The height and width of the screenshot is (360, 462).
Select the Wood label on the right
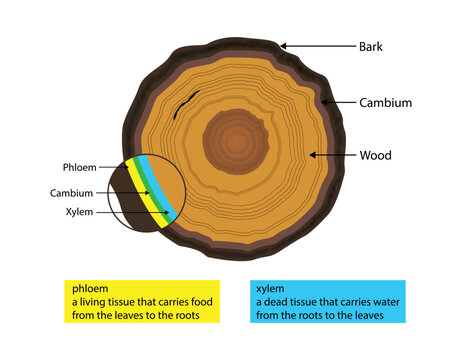376,155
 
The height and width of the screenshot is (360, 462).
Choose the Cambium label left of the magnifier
71,192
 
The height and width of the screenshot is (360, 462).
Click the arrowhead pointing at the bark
283,45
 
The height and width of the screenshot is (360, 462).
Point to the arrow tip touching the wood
313,155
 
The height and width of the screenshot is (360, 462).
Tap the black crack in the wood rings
182,104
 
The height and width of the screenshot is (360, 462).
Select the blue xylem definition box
327,300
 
